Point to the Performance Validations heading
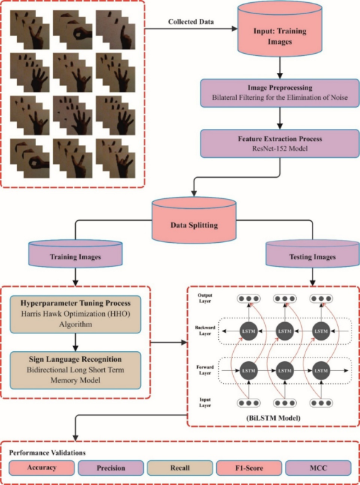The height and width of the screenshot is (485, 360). tap(47, 451)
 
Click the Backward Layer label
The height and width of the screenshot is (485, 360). tap(206, 332)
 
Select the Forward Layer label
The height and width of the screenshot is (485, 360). tap(206, 370)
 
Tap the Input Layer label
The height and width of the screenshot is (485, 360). tap(204, 404)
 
